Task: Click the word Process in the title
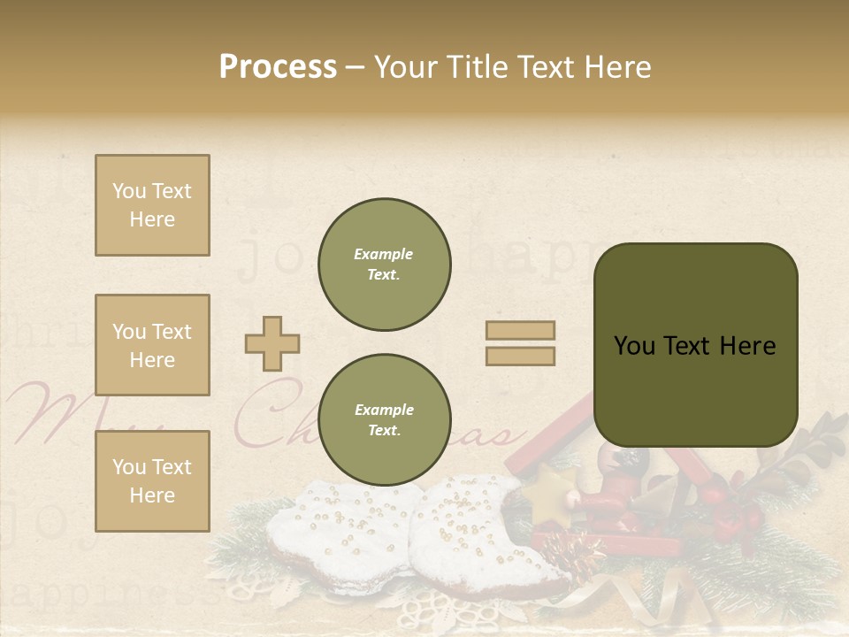(x=278, y=67)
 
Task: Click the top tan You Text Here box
(x=152, y=205)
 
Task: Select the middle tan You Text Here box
(x=152, y=345)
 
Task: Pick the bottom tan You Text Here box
(x=152, y=481)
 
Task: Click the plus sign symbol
(x=272, y=343)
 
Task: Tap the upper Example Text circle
(x=385, y=265)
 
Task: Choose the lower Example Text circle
(x=385, y=420)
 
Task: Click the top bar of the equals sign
(x=520, y=330)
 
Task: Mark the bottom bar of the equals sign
(x=520, y=357)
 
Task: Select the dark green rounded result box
(x=696, y=345)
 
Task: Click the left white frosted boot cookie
(x=332, y=531)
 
